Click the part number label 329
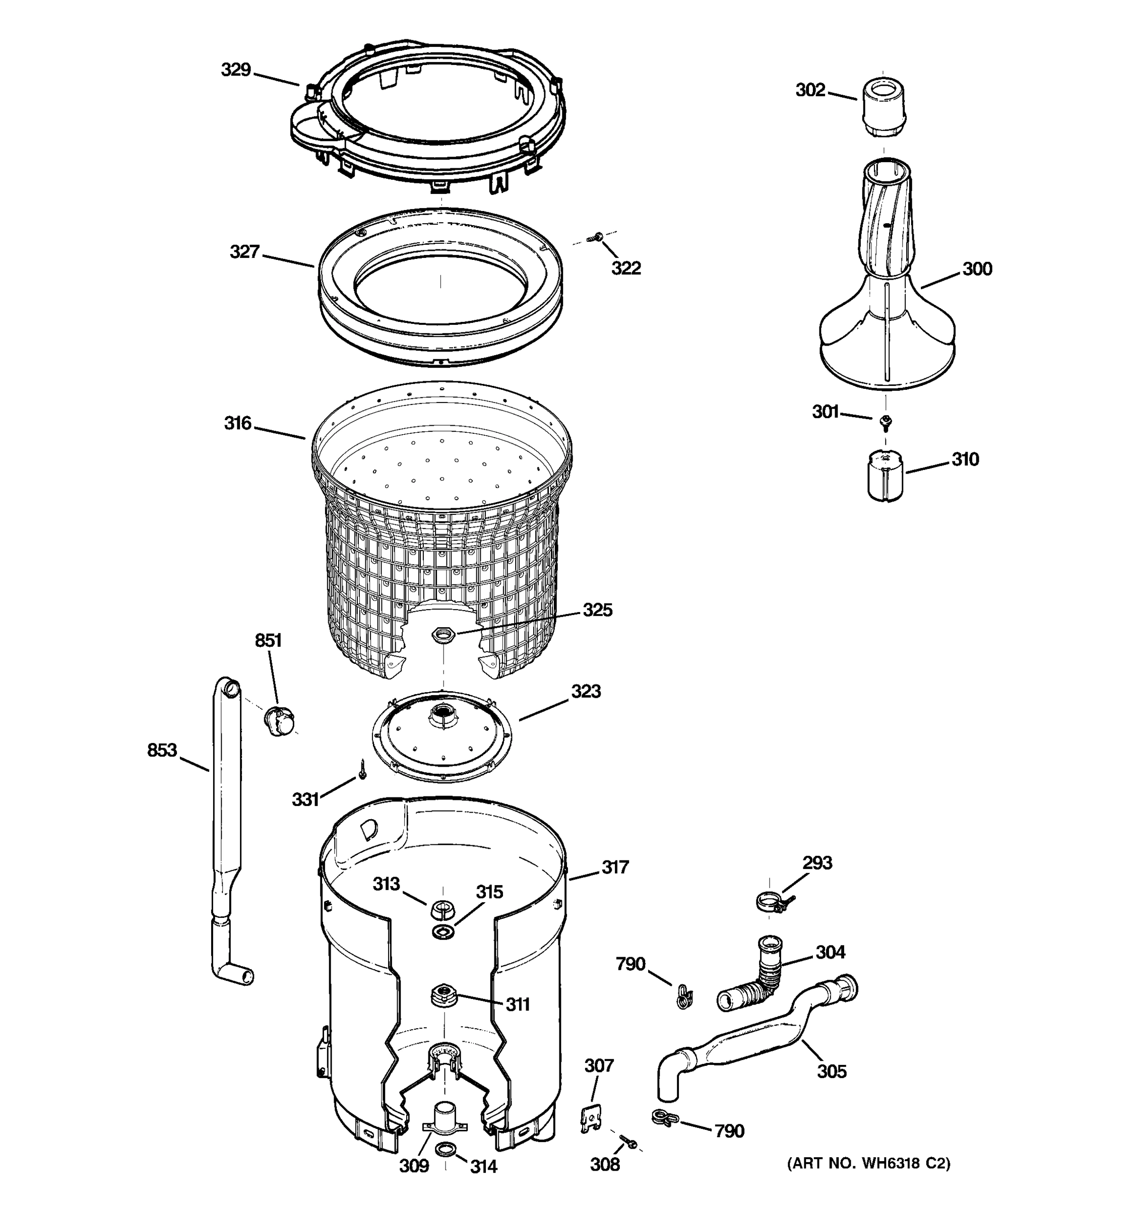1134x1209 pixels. coord(235,70)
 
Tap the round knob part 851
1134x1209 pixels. coord(279,721)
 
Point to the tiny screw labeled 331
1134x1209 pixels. coord(362,769)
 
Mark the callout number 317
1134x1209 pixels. coord(615,867)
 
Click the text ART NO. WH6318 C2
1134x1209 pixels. coord(869,1163)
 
